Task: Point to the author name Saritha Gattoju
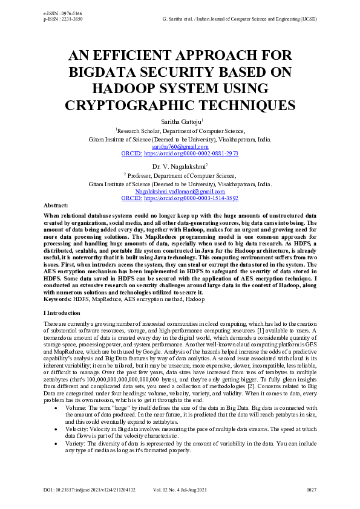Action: coord(179,122)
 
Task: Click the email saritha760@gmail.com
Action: coord(180,146)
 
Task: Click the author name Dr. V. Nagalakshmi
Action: coord(179,165)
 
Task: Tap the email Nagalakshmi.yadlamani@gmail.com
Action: coord(180,190)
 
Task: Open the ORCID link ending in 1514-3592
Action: coord(191,198)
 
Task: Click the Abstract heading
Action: coord(56,206)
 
